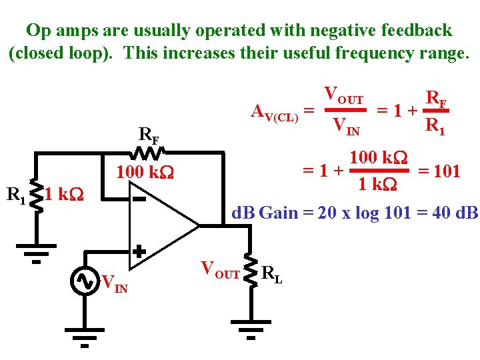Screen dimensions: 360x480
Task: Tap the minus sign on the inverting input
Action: [139, 199]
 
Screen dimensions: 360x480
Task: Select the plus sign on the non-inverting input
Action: [139, 251]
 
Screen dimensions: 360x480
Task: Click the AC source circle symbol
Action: [85, 281]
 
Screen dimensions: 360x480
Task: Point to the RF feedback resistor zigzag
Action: [150, 154]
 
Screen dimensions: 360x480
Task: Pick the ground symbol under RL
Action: [251, 329]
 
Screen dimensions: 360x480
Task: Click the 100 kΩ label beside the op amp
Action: [145, 173]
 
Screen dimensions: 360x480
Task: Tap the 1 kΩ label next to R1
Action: [65, 195]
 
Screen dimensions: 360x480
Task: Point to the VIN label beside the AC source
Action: [115, 283]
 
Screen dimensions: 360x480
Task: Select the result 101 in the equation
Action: [447, 172]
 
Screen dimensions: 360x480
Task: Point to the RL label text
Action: [272, 274]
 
